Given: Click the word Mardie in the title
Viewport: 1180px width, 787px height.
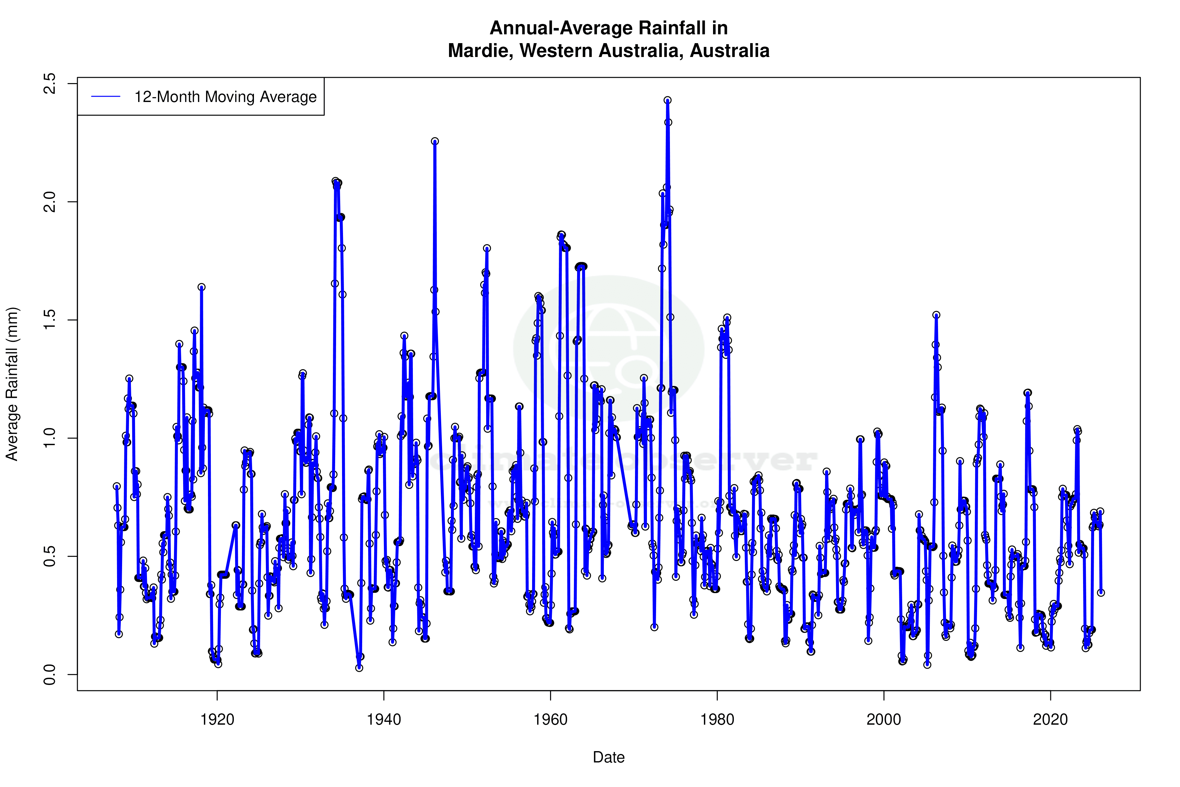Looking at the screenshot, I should pyautogui.click(x=479, y=51).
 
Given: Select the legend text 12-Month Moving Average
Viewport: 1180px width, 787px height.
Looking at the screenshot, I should pyautogui.click(x=225, y=97).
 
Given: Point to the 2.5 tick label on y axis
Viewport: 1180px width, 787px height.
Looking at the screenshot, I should pyautogui.click(x=50, y=83).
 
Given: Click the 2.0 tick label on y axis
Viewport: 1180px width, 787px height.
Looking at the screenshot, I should pyautogui.click(x=50, y=202).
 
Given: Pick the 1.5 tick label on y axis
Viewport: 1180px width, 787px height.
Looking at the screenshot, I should pyautogui.click(x=50, y=320).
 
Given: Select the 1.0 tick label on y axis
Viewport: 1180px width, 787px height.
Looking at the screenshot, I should pyautogui.click(x=50, y=438).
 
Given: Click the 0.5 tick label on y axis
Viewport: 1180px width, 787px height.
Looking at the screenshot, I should pyautogui.click(x=50, y=556).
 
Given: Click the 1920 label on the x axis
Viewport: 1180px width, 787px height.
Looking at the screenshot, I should pyautogui.click(x=217, y=720).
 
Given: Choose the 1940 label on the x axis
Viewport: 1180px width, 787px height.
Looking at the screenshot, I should pyautogui.click(x=384, y=720).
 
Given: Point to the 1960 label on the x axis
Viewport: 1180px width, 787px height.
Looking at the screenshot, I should pyautogui.click(x=550, y=720).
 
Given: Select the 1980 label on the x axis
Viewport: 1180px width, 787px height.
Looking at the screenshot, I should pyautogui.click(x=717, y=720).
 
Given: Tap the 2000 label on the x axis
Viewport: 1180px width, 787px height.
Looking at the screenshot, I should pyautogui.click(x=884, y=720).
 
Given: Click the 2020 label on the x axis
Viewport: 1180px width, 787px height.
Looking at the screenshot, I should pyautogui.click(x=1050, y=720).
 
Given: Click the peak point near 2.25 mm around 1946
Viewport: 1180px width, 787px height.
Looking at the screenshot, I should pyautogui.click(x=435, y=142).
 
